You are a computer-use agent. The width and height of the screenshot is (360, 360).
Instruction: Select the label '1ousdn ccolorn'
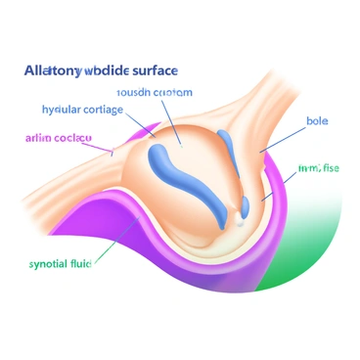(x=155, y=92)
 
